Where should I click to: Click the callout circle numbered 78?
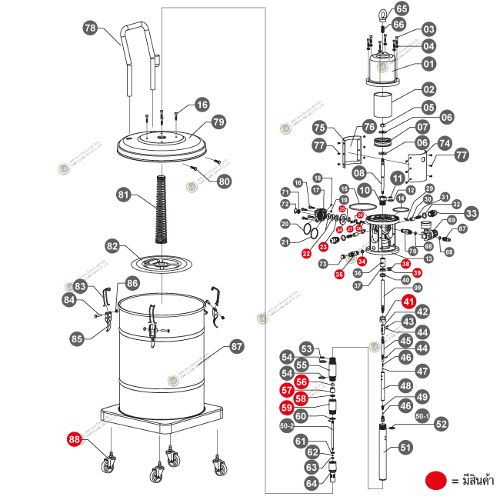(90, 28)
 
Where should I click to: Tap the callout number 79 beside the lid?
(218, 122)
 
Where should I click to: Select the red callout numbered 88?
(75, 440)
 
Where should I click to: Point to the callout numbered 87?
(236, 347)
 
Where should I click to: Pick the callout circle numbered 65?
(401, 9)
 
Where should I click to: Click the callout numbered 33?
(471, 213)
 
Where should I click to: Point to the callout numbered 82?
(113, 246)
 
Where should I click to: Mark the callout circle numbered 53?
(307, 348)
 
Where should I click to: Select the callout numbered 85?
(76, 338)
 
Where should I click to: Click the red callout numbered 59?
(287, 407)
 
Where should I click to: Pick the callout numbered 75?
(319, 128)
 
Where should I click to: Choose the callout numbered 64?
(312, 483)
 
